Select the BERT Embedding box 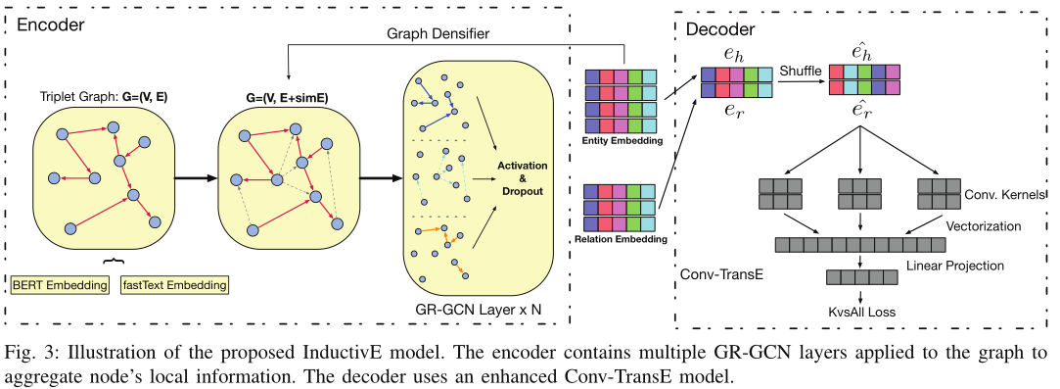[x=62, y=285]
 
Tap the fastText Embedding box [x=173, y=285]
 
